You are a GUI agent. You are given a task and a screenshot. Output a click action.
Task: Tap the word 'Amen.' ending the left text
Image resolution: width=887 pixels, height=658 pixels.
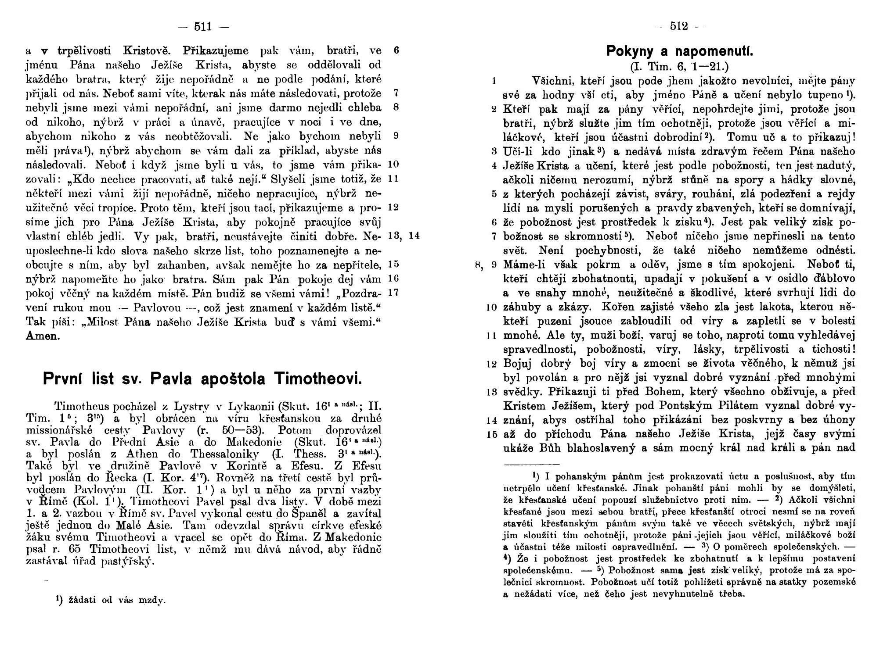click(x=43, y=336)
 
